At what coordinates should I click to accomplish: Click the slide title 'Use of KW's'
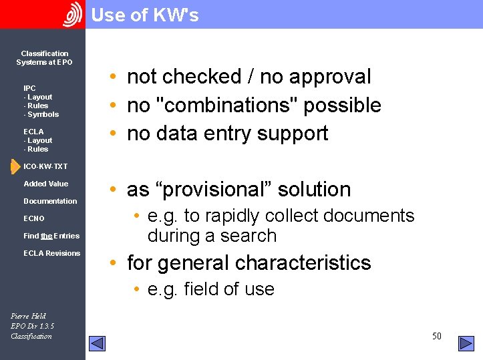(145, 15)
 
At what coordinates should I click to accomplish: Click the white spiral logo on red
(72, 15)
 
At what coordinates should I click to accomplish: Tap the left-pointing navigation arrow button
(98, 343)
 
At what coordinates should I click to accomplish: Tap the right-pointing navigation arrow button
(466, 343)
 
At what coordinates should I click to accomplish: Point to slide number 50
(437, 336)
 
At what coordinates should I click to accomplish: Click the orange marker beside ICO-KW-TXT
(15, 166)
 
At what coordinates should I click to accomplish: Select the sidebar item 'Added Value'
(45, 184)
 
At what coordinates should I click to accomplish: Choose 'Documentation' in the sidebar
(50, 201)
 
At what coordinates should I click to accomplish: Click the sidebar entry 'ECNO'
(34, 218)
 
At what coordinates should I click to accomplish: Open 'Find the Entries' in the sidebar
(51, 236)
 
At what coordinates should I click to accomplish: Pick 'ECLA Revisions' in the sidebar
(51, 253)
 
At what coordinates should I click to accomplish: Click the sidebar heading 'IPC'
(29, 88)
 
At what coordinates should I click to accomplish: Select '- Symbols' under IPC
(41, 114)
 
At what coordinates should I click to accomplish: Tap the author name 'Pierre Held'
(29, 316)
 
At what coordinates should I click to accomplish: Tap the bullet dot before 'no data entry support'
(114, 134)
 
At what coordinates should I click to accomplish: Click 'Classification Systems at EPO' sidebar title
(44, 57)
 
